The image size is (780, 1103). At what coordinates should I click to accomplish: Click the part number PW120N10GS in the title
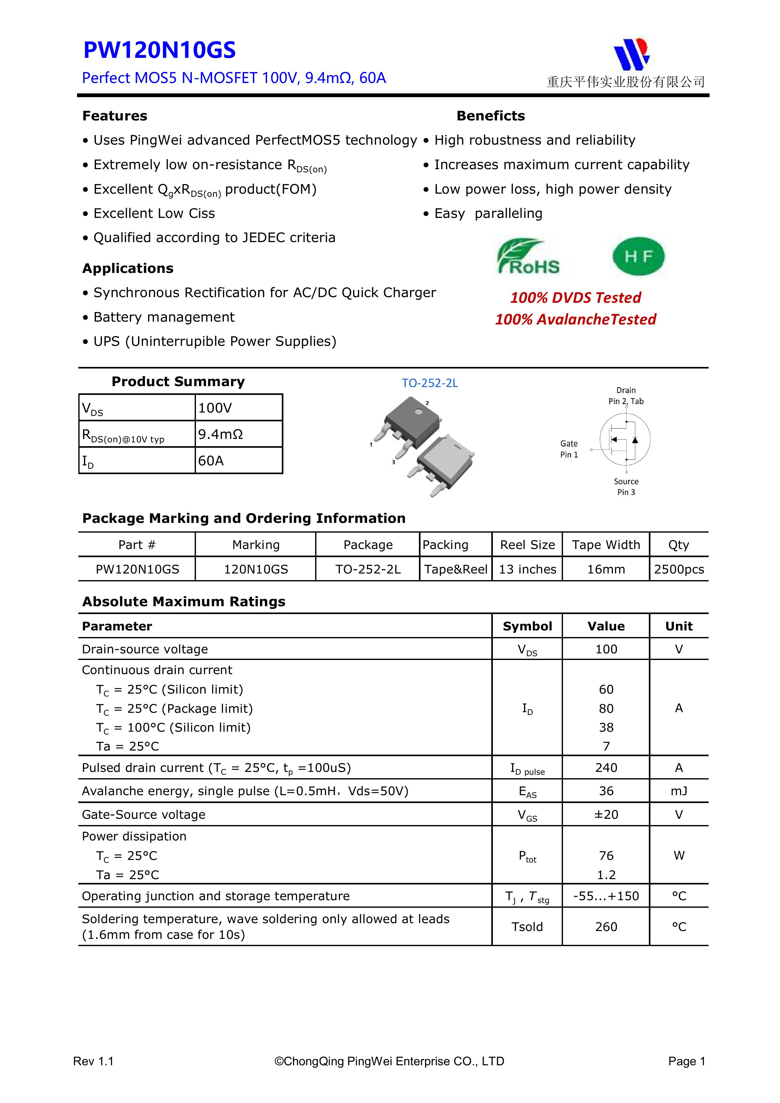pos(159,50)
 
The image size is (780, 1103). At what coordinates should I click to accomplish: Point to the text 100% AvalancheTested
pos(575,319)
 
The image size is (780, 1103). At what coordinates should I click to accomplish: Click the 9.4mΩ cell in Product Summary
pos(238,434)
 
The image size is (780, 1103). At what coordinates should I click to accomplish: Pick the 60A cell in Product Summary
pos(238,461)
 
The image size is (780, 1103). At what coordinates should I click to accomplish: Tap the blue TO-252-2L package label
pos(430,383)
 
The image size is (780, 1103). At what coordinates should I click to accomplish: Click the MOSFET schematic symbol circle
pos(625,439)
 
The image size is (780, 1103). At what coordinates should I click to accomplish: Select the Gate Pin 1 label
pos(569,449)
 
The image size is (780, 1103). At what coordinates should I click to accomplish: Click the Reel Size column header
pos(527,545)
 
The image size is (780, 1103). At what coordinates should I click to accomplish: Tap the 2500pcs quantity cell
pos(679,569)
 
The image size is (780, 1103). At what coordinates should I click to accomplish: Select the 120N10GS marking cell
pos(256,569)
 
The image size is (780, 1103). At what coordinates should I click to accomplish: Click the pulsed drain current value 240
pos(606,768)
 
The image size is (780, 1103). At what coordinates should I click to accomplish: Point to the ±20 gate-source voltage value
pos(606,814)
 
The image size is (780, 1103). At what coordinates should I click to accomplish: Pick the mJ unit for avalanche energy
pos(679,791)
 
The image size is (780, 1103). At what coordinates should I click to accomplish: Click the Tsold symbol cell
pos(527,926)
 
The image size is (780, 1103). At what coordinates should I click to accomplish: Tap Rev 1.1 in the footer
pos(93,1061)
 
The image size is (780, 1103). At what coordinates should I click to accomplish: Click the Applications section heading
pos(128,269)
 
